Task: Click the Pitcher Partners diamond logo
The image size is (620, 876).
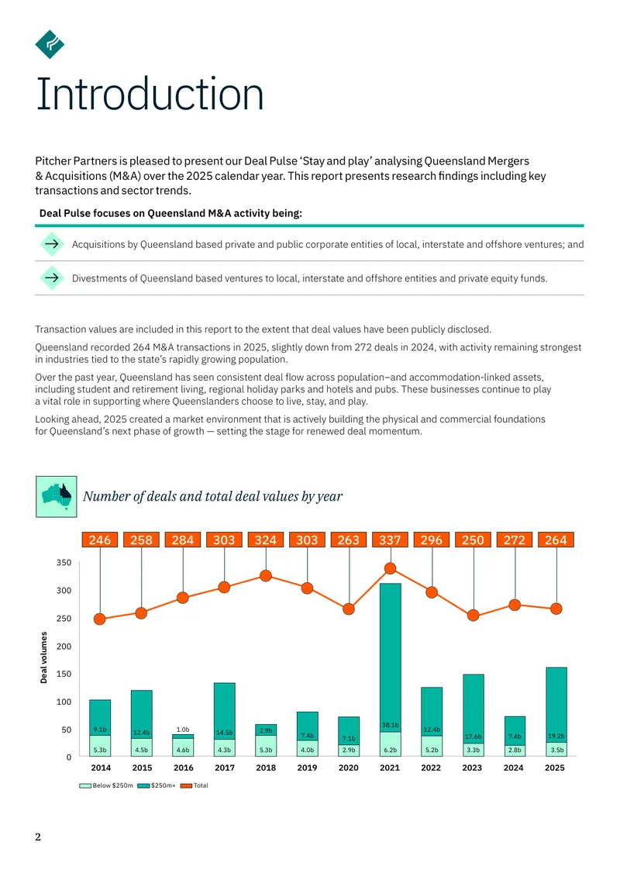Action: point(50,44)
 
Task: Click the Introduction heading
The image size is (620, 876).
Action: point(150,94)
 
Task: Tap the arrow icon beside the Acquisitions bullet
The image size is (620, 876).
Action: point(52,243)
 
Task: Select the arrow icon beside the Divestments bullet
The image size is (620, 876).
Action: point(52,278)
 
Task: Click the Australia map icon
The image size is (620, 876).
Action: point(57,497)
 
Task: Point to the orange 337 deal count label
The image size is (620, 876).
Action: point(390,540)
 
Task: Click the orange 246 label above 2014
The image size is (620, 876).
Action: point(100,540)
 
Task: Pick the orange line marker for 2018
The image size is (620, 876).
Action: point(266,575)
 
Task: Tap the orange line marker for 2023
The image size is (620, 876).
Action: point(473,616)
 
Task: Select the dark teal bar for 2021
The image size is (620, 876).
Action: point(391,657)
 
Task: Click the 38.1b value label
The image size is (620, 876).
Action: point(390,725)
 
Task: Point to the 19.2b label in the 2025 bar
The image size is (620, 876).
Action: point(556,736)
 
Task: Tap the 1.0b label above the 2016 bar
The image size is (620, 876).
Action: point(183,729)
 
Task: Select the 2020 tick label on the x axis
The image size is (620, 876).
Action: point(349,767)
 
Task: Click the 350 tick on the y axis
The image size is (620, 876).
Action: point(64,563)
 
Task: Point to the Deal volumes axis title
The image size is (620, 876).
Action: point(43,657)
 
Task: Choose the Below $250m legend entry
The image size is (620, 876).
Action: point(106,785)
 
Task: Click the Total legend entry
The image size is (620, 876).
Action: point(195,785)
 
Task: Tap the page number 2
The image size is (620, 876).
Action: point(38,836)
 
